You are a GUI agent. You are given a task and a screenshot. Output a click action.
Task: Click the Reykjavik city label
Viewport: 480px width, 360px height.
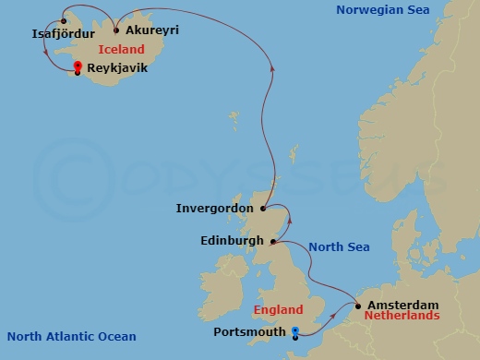[x=118, y=68]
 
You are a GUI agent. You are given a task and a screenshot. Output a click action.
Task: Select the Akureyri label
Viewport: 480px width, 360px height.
[x=151, y=30]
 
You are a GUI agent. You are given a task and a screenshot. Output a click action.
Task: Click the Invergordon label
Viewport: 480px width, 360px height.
[x=214, y=209]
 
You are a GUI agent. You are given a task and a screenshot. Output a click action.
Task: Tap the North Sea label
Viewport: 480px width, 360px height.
[x=339, y=246]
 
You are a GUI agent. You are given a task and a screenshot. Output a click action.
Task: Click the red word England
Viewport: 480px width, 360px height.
[x=277, y=311]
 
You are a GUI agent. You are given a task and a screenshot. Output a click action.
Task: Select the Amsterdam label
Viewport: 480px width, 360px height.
[x=402, y=304]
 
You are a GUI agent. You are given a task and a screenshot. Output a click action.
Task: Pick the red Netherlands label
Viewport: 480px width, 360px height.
[x=402, y=315]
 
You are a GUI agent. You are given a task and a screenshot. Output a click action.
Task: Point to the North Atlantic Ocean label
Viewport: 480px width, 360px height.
[x=71, y=337]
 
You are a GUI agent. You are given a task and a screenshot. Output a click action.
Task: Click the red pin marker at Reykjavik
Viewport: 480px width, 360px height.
[x=78, y=66]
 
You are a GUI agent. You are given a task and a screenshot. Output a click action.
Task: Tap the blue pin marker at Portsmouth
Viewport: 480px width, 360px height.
[x=294, y=331]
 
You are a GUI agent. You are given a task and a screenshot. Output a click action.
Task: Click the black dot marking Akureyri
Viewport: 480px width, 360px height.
[x=117, y=29]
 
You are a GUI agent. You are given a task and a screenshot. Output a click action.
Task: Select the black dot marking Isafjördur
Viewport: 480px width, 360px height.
[x=63, y=21]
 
